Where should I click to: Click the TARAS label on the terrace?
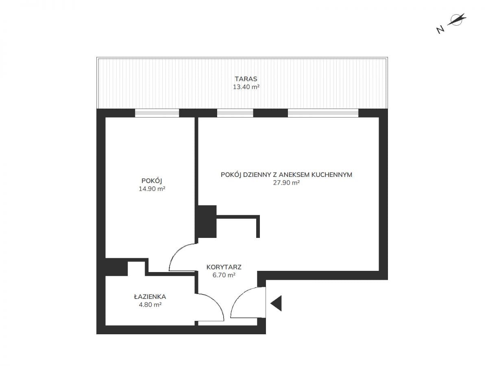pyautogui.click(x=246, y=79)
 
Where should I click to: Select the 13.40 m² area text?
pyautogui.click(x=246, y=87)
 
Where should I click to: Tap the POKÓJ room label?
pyautogui.click(x=152, y=181)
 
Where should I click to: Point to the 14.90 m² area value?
pyautogui.click(x=152, y=189)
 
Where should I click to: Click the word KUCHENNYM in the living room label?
pyautogui.click(x=332, y=175)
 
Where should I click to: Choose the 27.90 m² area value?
pyautogui.click(x=286, y=183)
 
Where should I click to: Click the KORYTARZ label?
pyautogui.click(x=224, y=267)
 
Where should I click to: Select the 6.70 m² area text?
pyautogui.click(x=224, y=275)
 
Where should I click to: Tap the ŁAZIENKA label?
pyautogui.click(x=150, y=297)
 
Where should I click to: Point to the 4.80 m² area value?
pyautogui.click(x=150, y=305)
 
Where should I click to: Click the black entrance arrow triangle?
pyautogui.click(x=276, y=303)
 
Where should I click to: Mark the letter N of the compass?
pyautogui.click(x=440, y=30)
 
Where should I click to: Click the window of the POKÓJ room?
pyautogui.click(x=157, y=113)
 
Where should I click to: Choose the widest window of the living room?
pyautogui.click(x=323, y=113)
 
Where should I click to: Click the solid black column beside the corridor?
pyautogui.click(x=207, y=221)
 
